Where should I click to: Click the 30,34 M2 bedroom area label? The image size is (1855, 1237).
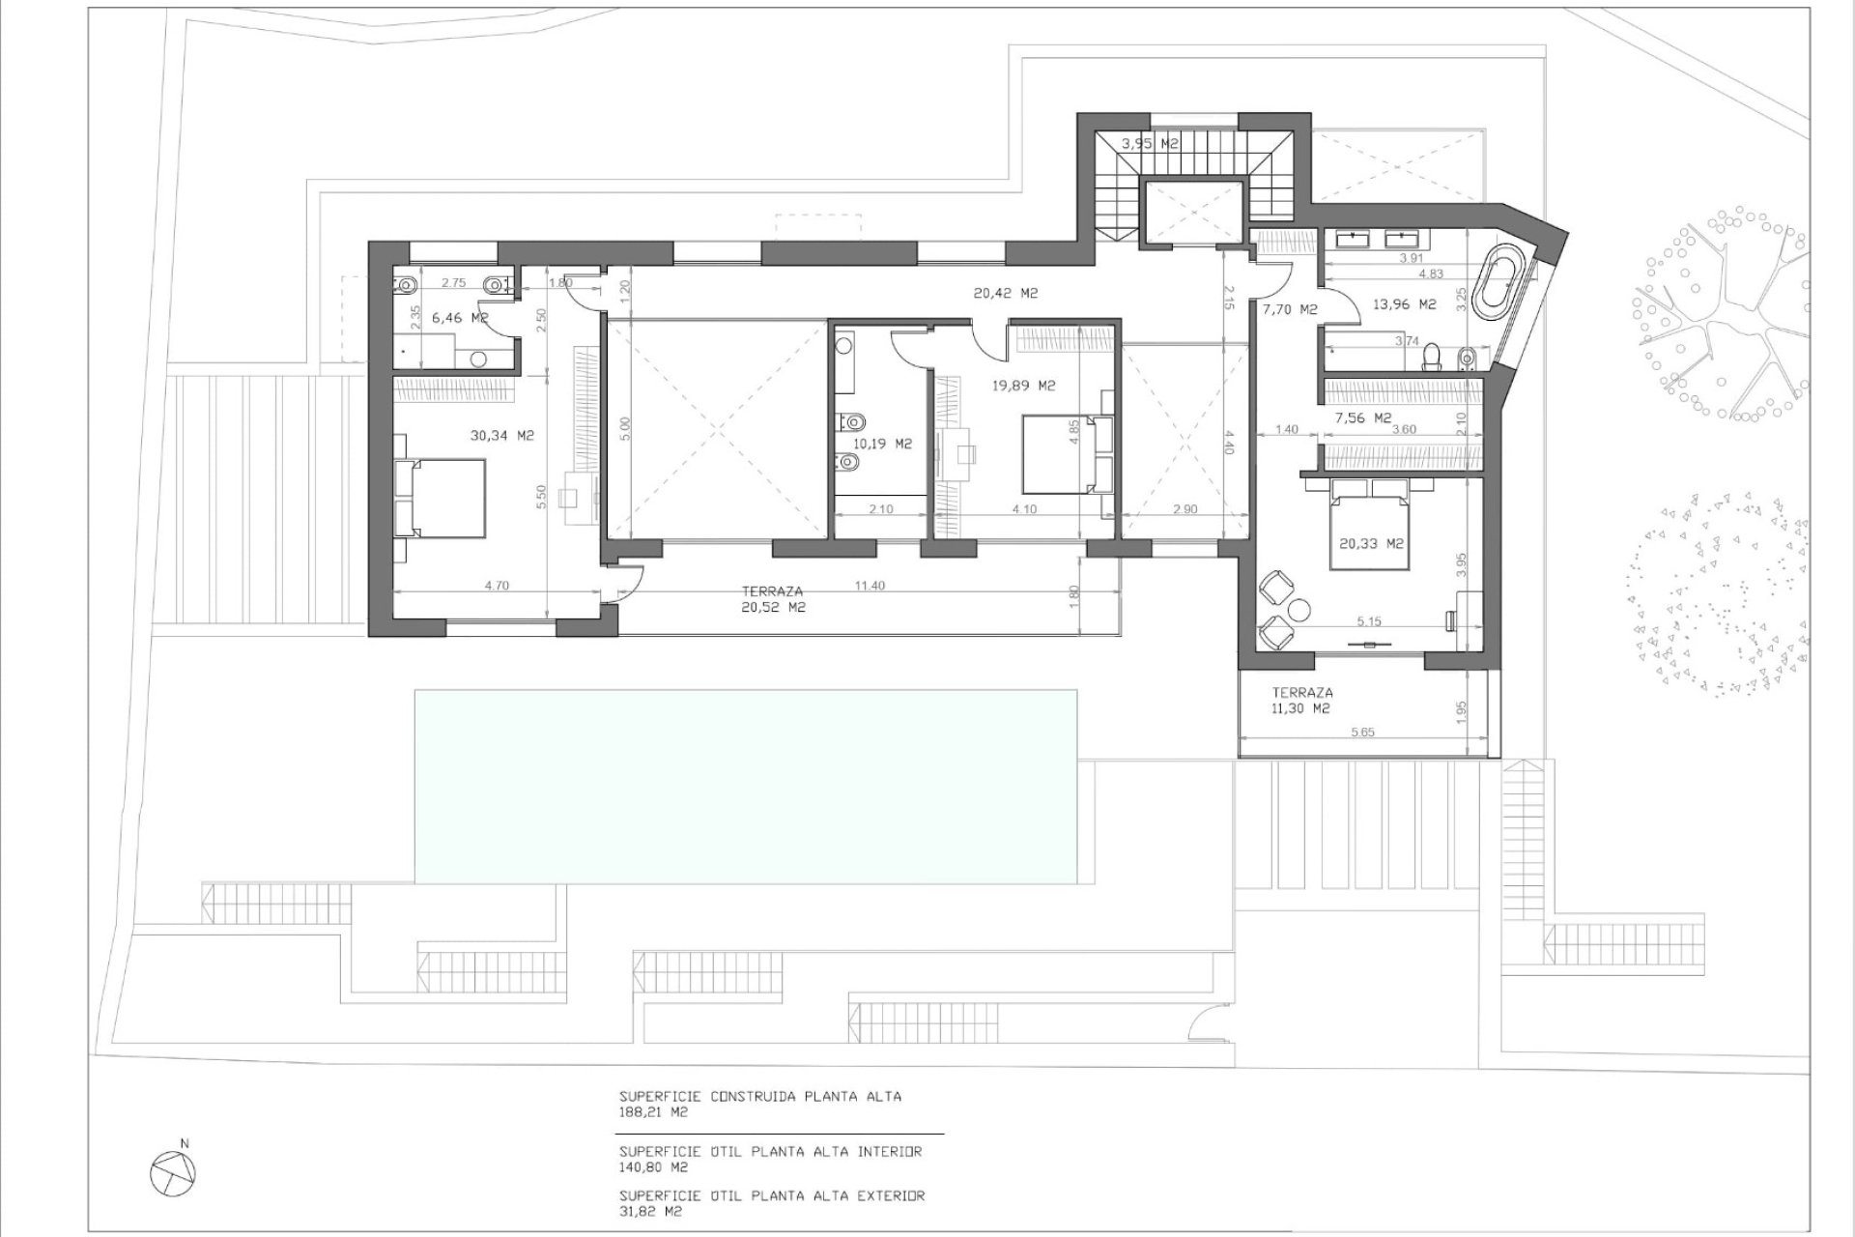coord(501,436)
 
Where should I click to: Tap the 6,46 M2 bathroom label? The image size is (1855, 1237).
coord(459,318)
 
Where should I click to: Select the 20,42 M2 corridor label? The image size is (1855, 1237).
coord(1005,294)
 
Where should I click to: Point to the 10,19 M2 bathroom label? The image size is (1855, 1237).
coord(882,445)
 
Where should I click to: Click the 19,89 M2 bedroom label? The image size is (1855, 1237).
coord(1024,386)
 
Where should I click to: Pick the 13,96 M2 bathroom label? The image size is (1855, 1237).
coord(1405,304)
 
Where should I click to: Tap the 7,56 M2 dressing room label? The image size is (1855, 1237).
coord(1362,418)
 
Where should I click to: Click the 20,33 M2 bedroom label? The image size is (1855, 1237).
coord(1371,544)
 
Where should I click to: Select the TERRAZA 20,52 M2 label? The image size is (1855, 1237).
coord(772,599)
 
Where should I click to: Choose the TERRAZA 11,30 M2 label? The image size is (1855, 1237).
coord(1301,700)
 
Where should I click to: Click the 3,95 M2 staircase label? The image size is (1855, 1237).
coord(1150,144)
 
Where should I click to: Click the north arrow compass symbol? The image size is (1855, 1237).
coord(174,1172)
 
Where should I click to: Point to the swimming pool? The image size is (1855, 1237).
coord(746,786)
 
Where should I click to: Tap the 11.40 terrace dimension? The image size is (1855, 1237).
coord(870,586)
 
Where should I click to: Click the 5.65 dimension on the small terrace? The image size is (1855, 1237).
coord(1362,733)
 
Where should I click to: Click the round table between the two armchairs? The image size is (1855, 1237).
coord(1299,609)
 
